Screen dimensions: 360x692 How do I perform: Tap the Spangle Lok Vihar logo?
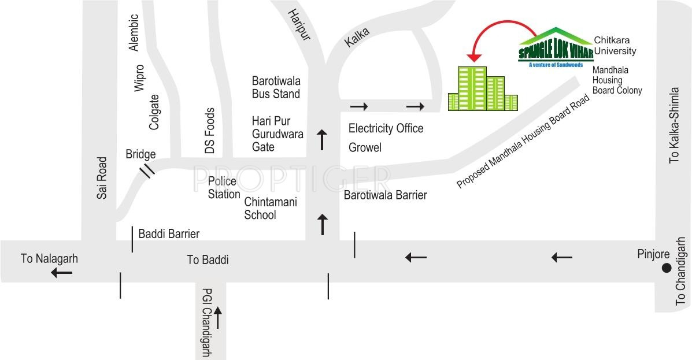click(555, 49)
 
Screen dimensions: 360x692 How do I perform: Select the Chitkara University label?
click(615, 46)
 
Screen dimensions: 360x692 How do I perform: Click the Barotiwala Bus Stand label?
click(276, 87)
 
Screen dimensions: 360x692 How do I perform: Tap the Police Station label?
click(224, 188)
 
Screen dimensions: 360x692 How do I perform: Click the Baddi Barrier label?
click(169, 234)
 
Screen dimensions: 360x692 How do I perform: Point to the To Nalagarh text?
click(49, 258)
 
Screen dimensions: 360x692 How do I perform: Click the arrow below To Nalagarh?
click(62, 272)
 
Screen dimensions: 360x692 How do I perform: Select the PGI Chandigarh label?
click(206, 322)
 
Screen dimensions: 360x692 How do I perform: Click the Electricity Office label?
click(386, 128)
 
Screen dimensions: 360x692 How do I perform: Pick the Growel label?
click(365, 148)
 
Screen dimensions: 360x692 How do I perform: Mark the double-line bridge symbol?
click(149, 170)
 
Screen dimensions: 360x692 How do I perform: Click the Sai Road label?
click(102, 178)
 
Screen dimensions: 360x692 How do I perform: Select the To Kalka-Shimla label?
click(674, 125)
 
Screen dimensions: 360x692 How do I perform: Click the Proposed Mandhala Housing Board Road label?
click(523, 142)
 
